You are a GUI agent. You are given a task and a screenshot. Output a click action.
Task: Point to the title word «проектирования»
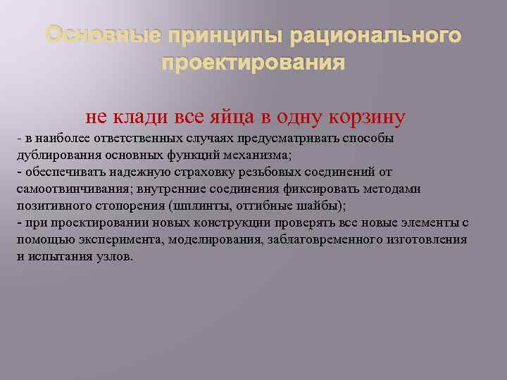pos(253,63)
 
